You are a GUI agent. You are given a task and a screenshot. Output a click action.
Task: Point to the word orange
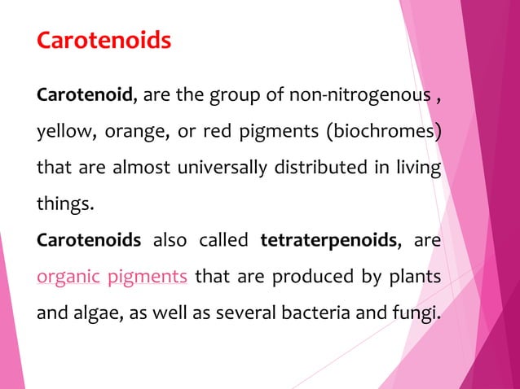[139, 133]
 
